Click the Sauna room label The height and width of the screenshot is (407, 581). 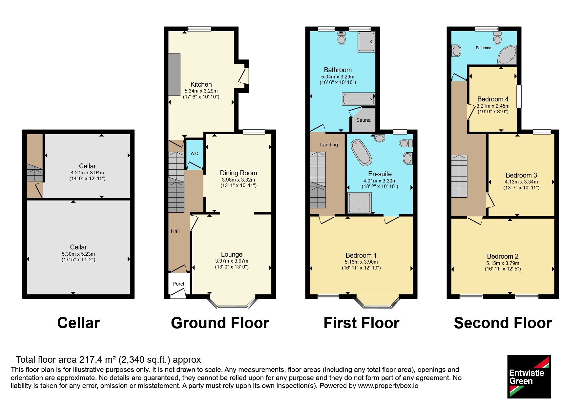pos(363,120)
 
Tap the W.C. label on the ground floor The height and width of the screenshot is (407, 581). pos(195,153)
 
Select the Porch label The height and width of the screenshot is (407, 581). pos(179,284)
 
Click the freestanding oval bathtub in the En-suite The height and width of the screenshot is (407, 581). pos(361,153)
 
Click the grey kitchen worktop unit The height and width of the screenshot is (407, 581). pos(175,75)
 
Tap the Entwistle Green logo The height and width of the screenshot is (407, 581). pos(529,377)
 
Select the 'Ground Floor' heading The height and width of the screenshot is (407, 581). pos(220,323)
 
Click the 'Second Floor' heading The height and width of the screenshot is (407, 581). pos(503,323)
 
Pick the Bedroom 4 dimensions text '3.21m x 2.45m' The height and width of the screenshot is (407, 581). pos(493,106)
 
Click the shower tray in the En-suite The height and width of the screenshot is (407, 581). pos(360,203)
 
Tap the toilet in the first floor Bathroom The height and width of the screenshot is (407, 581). pos(342,38)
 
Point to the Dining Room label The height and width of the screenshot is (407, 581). pos(239,173)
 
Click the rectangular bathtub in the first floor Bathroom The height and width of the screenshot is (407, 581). pos(358,99)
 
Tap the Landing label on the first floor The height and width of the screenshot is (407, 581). pos(329,145)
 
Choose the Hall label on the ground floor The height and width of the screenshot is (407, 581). pos(175,231)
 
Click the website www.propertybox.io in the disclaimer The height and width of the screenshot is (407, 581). pos(388,386)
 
